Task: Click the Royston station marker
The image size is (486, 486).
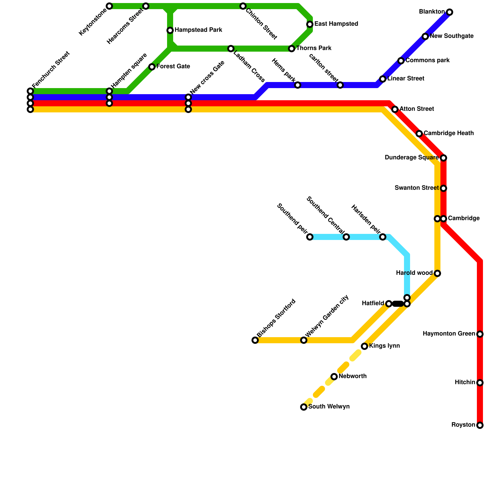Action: click(x=480, y=425)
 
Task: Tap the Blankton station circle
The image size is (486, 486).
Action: click(x=450, y=12)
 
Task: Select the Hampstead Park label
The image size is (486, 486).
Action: click(x=198, y=30)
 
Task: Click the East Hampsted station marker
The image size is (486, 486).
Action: click(x=310, y=24)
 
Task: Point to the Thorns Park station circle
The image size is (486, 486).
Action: click(x=292, y=49)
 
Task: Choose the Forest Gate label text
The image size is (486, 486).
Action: click(x=173, y=67)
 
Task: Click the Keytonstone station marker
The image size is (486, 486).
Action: click(x=109, y=6)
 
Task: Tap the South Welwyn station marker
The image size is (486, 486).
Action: click(x=304, y=407)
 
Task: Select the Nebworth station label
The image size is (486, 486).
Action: click(x=353, y=376)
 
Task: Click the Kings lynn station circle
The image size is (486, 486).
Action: click(x=364, y=346)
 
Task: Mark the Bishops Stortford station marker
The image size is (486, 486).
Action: click(x=255, y=340)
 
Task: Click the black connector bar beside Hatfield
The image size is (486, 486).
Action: click(x=398, y=304)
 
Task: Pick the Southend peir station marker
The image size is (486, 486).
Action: click(x=310, y=237)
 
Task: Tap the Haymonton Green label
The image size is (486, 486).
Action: click(x=449, y=334)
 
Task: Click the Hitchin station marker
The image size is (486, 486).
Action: click(x=480, y=383)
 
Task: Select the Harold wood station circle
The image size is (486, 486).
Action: click(x=437, y=273)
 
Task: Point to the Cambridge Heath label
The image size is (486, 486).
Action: click(x=449, y=133)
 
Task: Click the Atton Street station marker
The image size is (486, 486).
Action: click(x=395, y=109)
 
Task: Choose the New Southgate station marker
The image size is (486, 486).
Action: click(x=425, y=36)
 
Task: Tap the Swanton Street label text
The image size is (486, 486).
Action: click(x=416, y=188)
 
